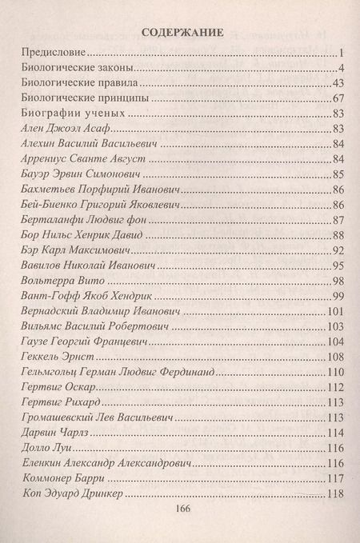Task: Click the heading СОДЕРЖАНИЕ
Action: click(x=181, y=33)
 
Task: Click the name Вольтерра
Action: click(x=47, y=281)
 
